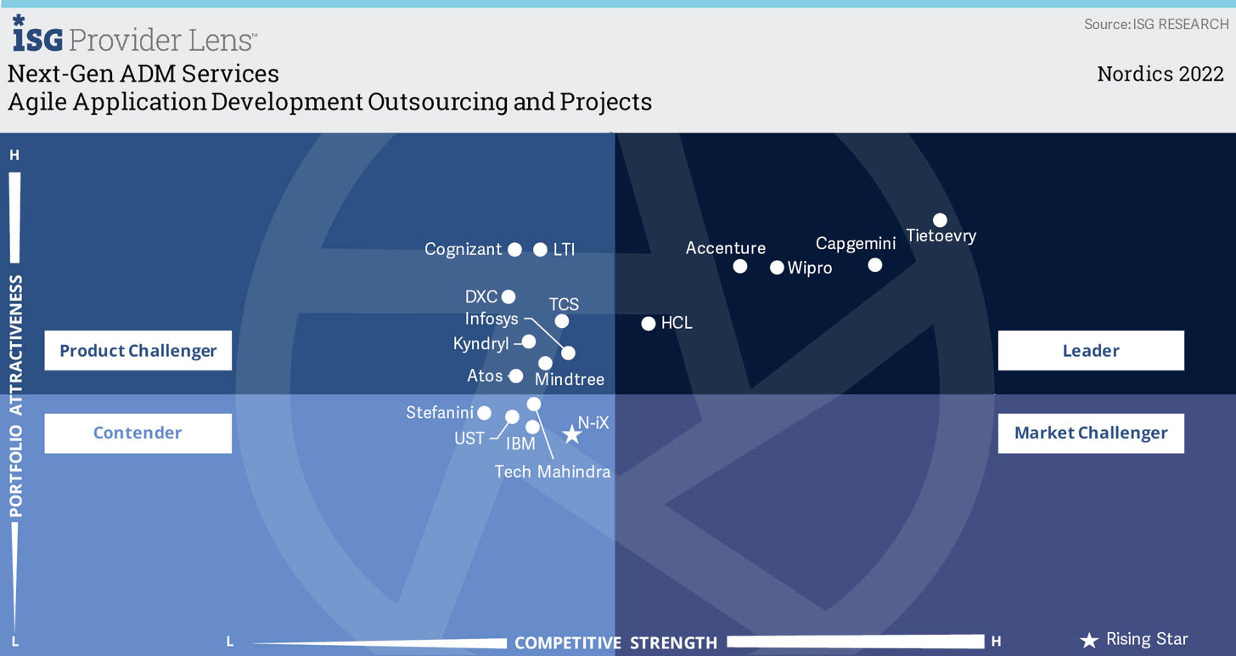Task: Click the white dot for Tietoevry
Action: point(940,220)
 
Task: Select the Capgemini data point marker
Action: point(875,265)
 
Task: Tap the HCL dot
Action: point(649,323)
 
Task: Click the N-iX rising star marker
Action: point(572,434)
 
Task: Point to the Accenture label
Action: point(725,248)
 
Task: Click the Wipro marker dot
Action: point(777,268)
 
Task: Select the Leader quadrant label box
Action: point(1091,350)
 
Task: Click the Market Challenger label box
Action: point(1091,433)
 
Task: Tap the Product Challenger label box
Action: point(138,350)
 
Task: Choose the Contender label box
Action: point(138,433)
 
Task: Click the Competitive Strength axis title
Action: point(615,642)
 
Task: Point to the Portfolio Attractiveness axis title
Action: point(16,395)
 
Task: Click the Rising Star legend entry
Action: point(1134,640)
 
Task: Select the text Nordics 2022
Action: point(1160,74)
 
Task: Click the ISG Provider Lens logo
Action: point(133,35)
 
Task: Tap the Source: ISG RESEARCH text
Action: point(1155,24)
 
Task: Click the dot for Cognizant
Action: point(514,249)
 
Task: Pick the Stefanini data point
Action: point(484,412)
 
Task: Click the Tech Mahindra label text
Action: point(553,472)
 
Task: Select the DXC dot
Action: point(508,297)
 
